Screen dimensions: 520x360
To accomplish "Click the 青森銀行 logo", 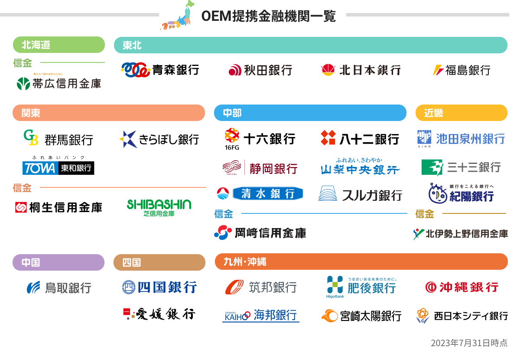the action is point(160,70).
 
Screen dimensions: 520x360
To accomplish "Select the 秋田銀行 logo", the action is point(260,70).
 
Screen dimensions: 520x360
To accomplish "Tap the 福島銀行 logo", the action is point(461,70).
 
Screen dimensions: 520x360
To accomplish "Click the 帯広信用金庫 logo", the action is point(58,83).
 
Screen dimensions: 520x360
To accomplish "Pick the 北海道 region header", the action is point(58,45).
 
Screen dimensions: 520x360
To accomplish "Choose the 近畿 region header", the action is point(461,113).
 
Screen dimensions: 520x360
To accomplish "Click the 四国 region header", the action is point(159,262).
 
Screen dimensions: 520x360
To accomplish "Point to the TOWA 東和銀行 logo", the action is point(58,167).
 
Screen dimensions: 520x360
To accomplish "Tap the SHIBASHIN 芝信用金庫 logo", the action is point(159,207).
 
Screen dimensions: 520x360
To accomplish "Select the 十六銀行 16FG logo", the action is point(260,138).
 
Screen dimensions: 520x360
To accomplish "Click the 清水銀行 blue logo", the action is point(260,193).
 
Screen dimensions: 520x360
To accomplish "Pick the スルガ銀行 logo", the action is point(360,194).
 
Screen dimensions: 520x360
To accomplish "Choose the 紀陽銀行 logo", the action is point(461,193).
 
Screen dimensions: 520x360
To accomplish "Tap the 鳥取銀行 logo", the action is point(58,288).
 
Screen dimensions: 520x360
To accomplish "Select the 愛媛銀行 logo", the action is point(159,314).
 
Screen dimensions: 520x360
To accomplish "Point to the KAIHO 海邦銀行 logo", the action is point(261,315).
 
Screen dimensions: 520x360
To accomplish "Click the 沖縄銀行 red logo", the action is point(461,287).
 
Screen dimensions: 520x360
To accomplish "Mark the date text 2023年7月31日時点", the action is point(469,343).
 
